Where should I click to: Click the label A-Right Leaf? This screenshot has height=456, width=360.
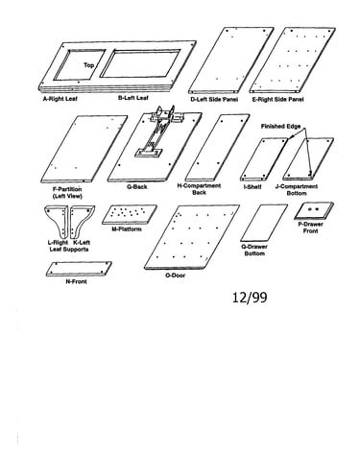coord(60,99)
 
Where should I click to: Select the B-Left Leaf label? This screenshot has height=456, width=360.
coord(133,98)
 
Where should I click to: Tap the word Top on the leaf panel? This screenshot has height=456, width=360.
coord(89,65)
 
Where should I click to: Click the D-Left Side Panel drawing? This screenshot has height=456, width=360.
coord(230,60)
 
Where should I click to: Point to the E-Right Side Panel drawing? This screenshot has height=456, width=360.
coord(293,60)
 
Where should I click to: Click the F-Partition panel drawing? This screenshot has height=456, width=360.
coord(84,149)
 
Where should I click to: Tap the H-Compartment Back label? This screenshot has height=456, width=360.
coord(199,189)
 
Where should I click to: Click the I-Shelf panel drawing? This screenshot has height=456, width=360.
coord(264,159)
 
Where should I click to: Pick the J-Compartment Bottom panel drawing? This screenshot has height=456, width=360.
coord(308,158)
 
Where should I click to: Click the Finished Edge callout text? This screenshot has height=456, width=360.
coord(280,127)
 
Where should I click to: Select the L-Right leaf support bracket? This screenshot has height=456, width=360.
coord(57,221)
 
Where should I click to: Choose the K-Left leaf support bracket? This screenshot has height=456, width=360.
coord(82,221)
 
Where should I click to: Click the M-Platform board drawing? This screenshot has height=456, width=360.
coord(130,214)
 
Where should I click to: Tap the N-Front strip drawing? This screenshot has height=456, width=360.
coord(79,269)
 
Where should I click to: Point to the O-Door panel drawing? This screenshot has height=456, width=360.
coord(191,237)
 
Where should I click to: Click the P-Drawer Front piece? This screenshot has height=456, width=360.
coord(314,210)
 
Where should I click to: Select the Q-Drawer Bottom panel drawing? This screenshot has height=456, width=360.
coord(264,223)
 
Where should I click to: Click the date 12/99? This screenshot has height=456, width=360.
coord(250,298)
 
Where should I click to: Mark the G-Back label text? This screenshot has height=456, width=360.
coord(137,187)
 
